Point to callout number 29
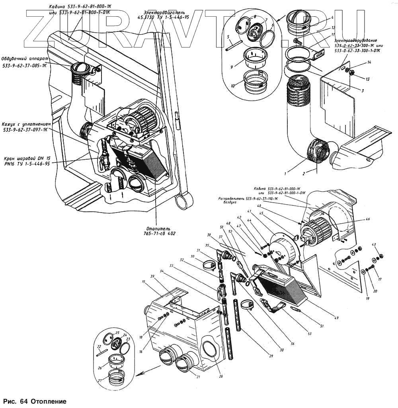tap(271, 355)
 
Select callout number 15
tap(143, 282)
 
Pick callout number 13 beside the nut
tap(368, 79)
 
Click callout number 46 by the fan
tap(368, 219)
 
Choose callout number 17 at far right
tap(380, 279)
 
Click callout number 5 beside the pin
tap(228, 37)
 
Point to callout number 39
tap(152, 276)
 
